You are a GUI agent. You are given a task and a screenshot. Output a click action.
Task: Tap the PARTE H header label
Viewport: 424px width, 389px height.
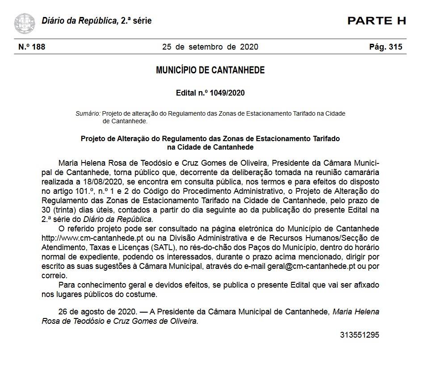[x=376, y=21]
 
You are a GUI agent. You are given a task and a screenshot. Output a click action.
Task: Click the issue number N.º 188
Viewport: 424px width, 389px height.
[x=32, y=47]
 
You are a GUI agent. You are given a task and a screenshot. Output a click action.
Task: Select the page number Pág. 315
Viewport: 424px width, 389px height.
[x=386, y=47]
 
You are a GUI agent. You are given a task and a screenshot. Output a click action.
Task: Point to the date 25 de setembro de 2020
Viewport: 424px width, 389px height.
[x=210, y=47]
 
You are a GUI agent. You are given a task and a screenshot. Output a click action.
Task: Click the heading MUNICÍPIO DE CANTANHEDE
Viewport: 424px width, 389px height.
[x=210, y=70]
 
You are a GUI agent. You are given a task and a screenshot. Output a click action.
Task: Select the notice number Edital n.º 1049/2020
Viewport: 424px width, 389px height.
[x=210, y=93]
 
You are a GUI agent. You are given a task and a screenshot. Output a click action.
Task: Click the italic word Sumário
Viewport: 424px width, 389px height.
[x=88, y=113]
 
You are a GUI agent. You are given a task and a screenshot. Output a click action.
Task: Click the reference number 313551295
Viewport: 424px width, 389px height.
[x=359, y=335]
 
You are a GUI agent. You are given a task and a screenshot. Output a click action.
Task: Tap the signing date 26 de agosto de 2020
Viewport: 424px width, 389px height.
[x=98, y=312]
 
